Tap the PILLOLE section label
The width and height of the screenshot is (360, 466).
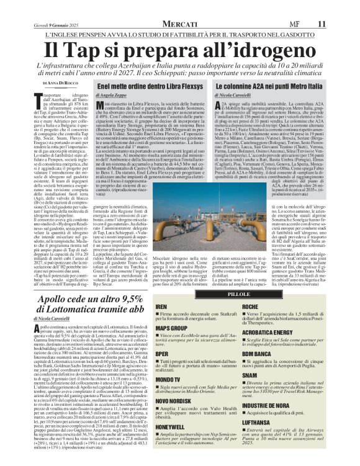coord(239,293)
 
